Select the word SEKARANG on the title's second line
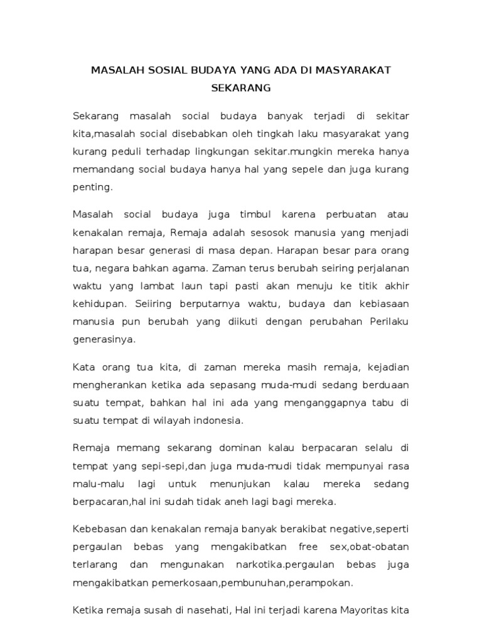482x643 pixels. (241, 88)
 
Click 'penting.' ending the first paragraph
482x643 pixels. (93, 186)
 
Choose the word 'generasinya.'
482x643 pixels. (104, 338)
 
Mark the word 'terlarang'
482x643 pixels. (95, 565)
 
